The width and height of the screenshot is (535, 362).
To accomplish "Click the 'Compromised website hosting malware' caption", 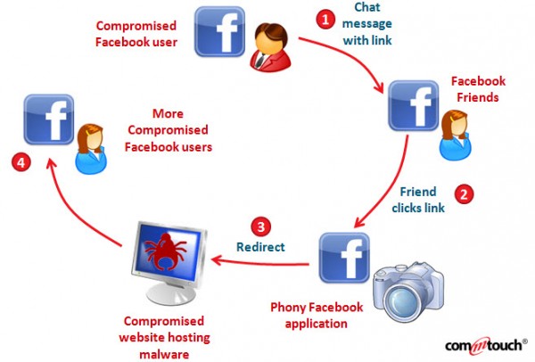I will tap(161, 336).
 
